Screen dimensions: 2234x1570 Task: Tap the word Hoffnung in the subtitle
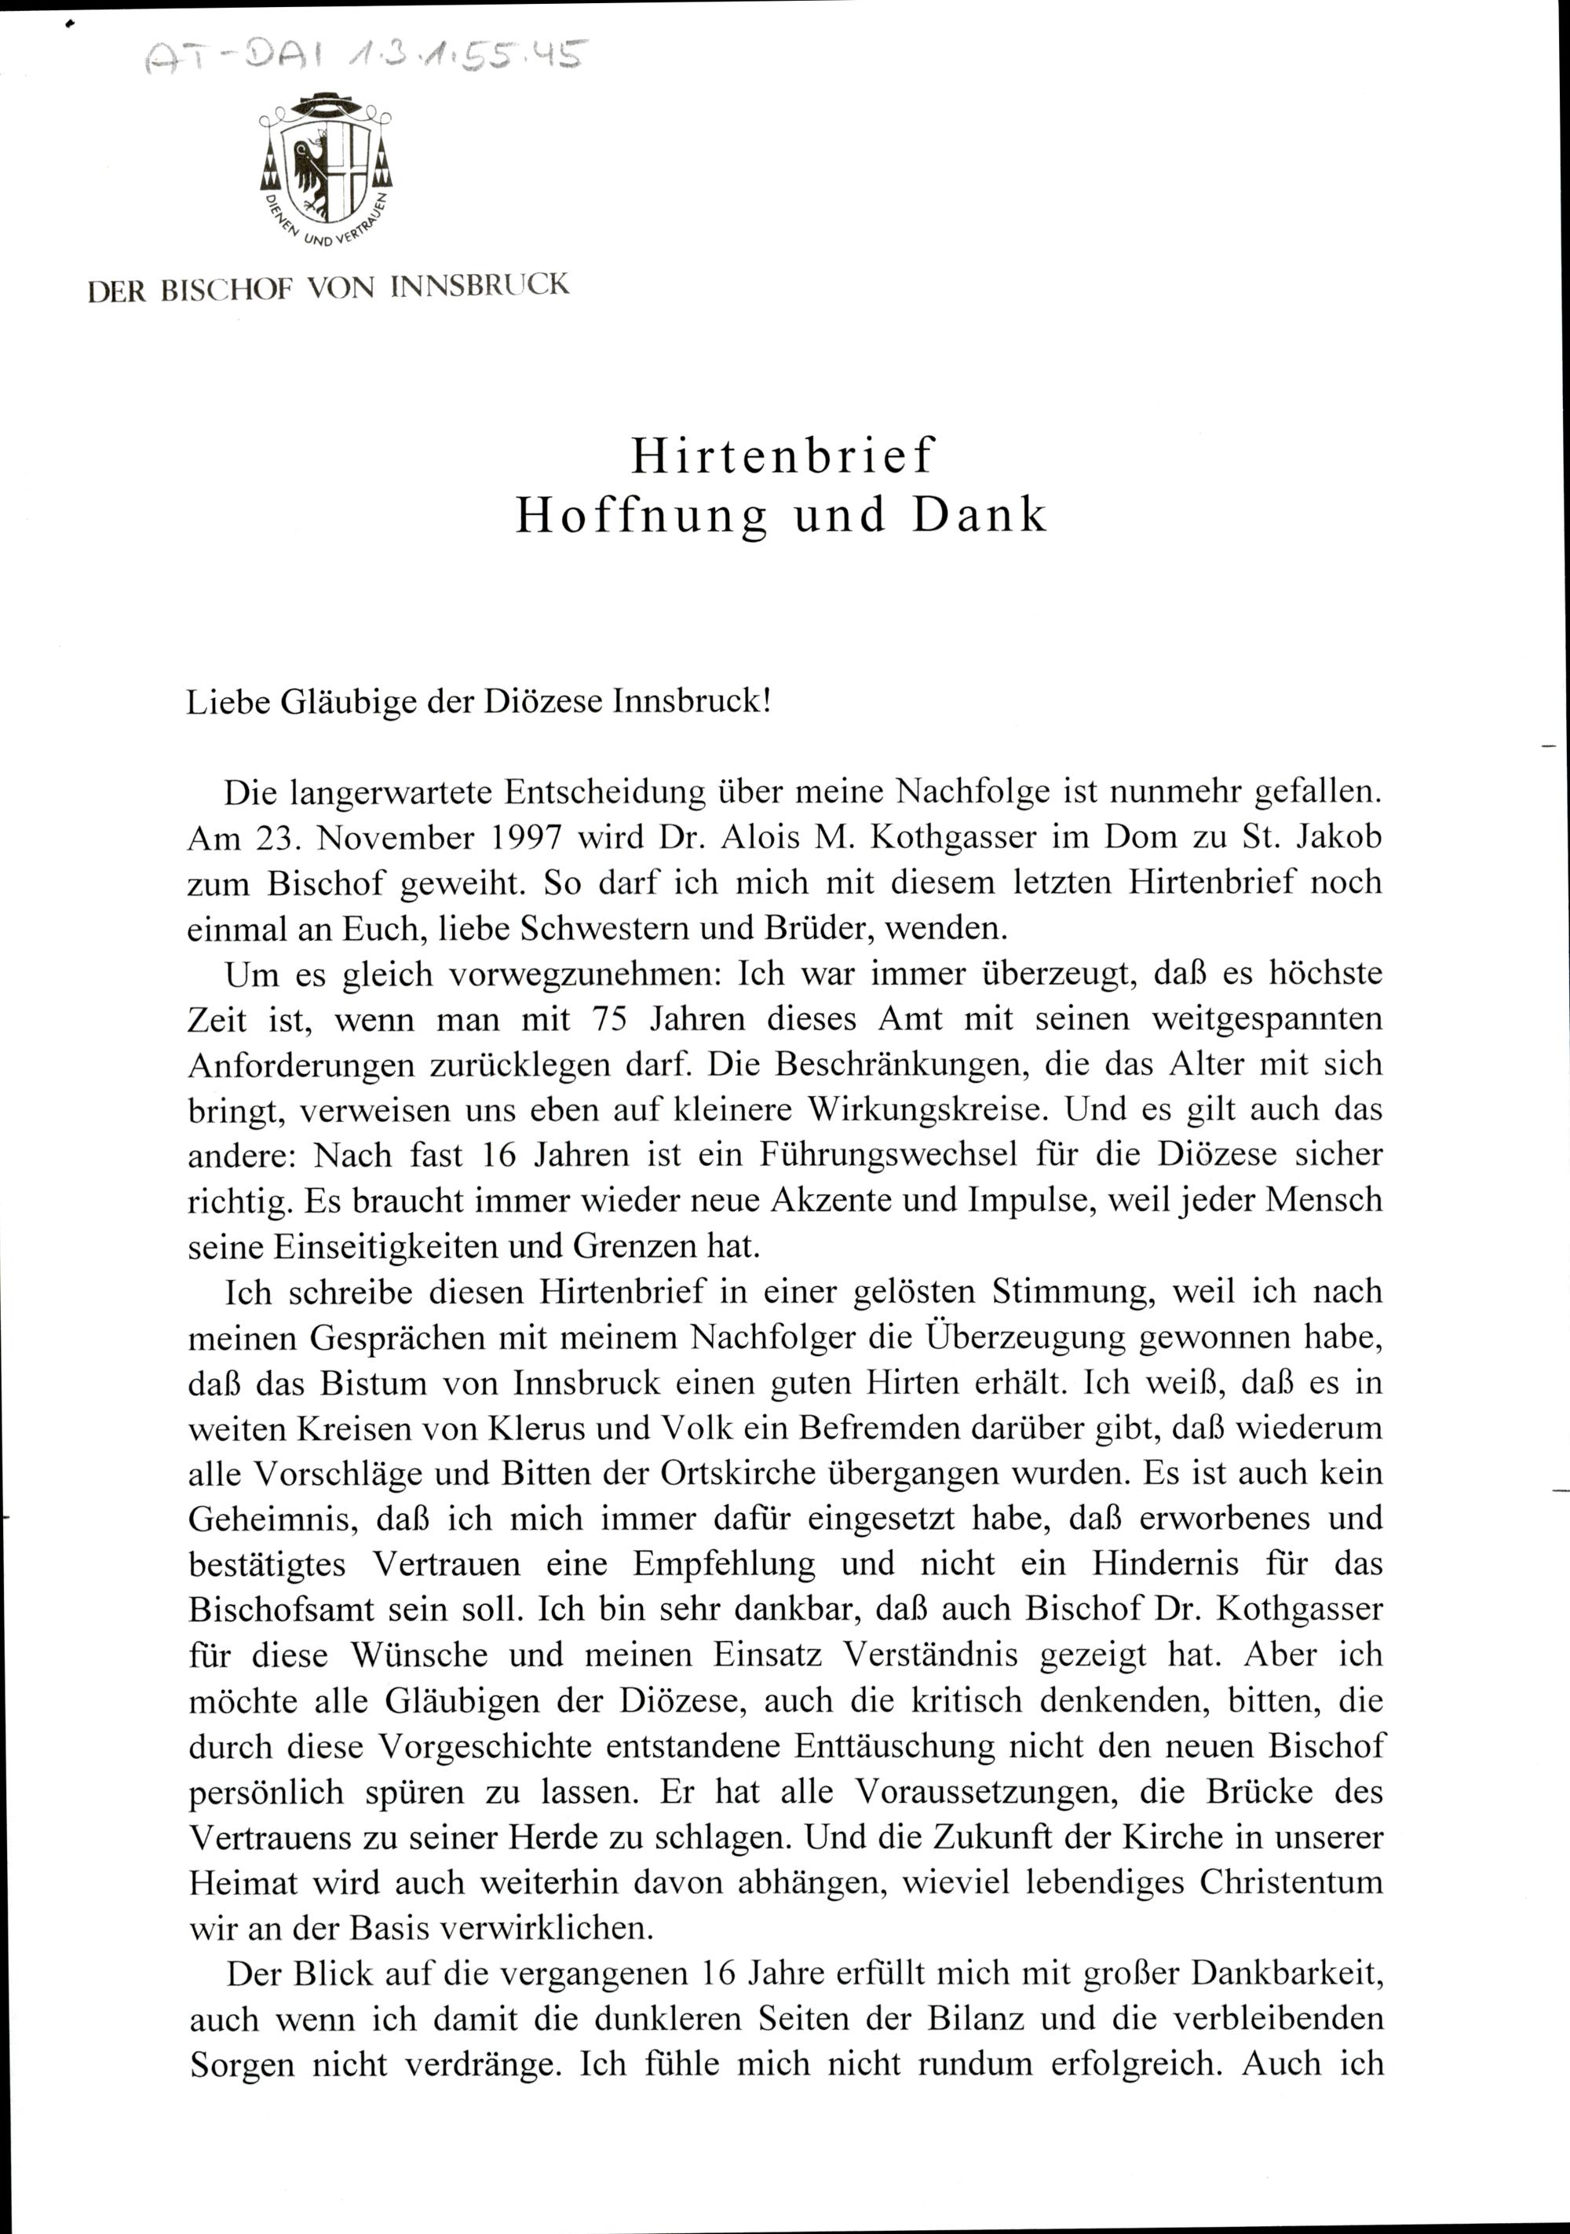641,517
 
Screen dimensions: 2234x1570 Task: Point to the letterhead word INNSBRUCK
480,287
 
